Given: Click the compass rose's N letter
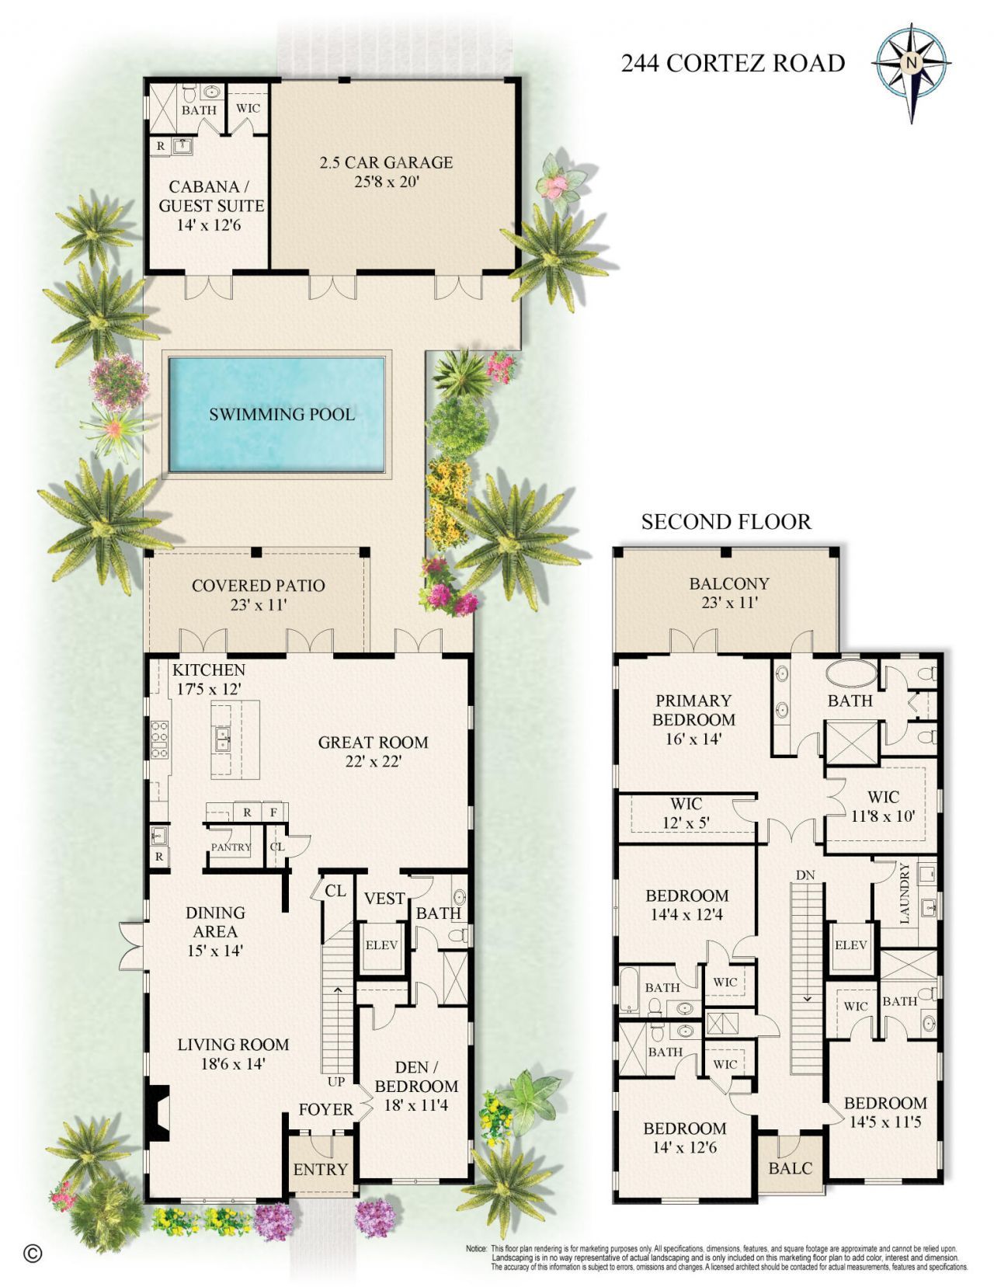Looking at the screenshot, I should point(912,63).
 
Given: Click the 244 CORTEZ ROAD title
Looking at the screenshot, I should point(732,63).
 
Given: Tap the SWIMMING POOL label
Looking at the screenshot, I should point(282,414).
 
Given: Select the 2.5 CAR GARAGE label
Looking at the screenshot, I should point(386,162).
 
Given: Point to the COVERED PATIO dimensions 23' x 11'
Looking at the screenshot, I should point(258,605).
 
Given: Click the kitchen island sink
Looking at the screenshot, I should point(223,739).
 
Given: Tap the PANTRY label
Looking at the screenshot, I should point(231,847).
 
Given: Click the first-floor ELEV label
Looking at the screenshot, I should point(381,944).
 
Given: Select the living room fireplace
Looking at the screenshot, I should point(158,1112).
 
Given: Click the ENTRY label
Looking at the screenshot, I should point(320,1169).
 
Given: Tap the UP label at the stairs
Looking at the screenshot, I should point(335,1081).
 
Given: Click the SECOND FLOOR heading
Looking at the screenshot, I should point(726,522).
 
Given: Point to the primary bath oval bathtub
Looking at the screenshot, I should point(850,673).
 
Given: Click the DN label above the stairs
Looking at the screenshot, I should point(805,875).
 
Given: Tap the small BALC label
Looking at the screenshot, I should point(791,1167).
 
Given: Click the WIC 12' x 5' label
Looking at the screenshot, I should point(686,812).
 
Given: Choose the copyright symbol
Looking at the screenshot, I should point(33,1253).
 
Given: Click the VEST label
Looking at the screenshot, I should point(384,898).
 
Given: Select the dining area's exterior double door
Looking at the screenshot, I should point(130,945).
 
